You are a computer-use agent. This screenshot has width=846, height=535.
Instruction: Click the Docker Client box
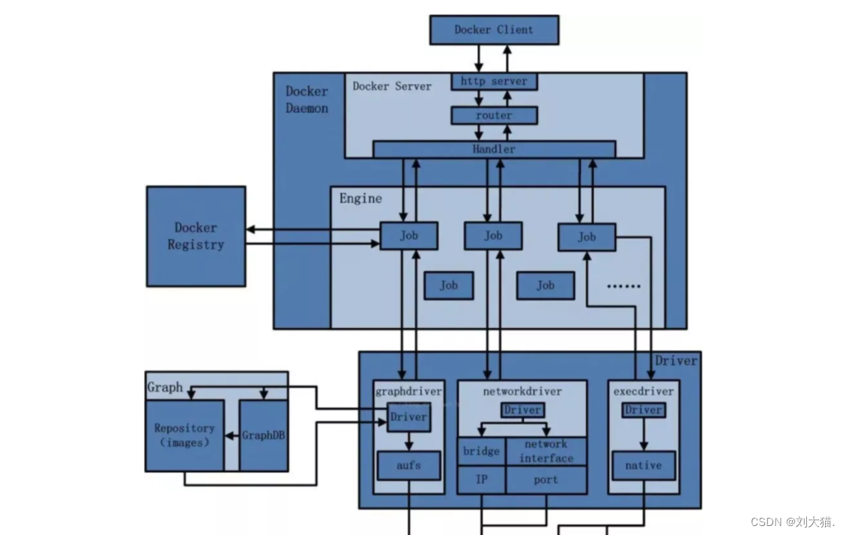tap(494, 30)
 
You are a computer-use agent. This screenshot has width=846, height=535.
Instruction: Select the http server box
tap(494, 81)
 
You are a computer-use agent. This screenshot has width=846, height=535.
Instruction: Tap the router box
tap(494, 115)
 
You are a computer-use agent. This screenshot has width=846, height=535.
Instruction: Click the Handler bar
tap(494, 149)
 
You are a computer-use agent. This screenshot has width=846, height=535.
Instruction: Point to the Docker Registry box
tap(196, 236)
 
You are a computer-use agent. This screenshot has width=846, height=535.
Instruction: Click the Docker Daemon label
tap(306, 100)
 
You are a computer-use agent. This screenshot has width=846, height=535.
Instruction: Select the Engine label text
tap(360, 199)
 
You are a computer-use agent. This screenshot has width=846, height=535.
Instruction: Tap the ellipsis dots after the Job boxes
tap(623, 286)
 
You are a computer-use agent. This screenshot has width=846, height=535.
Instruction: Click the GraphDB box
tap(263, 435)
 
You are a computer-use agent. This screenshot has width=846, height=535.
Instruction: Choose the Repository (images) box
tap(184, 435)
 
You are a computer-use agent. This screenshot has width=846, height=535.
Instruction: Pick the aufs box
tap(408, 465)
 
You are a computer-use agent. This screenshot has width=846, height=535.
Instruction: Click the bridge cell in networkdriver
tap(481, 451)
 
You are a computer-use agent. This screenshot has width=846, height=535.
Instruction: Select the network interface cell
tap(546, 451)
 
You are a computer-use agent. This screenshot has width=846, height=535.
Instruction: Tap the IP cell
tap(481, 480)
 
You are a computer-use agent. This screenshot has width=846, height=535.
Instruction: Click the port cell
tap(546, 480)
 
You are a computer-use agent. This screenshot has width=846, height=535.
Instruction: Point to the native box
tap(643, 465)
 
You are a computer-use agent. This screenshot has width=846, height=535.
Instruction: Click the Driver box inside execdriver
tap(643, 410)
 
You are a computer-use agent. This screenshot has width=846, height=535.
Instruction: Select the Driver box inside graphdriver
tap(408, 417)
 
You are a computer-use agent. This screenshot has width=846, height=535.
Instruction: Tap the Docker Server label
tap(392, 86)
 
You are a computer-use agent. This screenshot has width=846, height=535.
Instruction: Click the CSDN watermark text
tap(793, 522)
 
